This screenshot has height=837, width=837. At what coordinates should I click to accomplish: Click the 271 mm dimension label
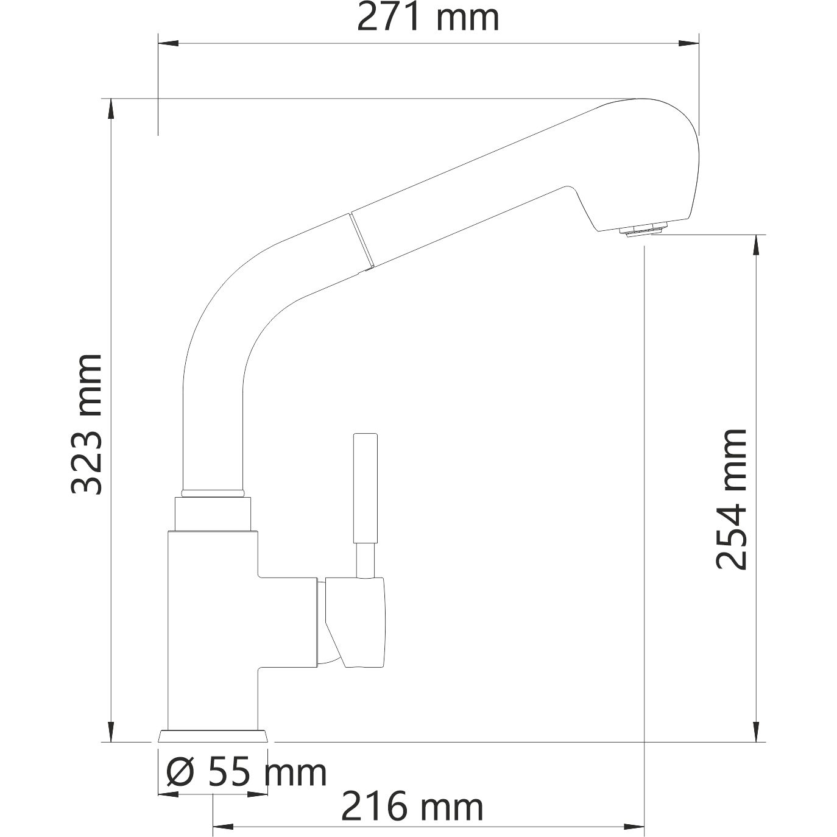428,18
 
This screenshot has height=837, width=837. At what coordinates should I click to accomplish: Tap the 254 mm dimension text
731,499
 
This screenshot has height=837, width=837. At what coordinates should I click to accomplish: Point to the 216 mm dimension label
412,807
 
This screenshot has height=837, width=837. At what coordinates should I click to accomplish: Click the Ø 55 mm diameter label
247,772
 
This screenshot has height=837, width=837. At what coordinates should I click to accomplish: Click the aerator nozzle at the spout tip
643,230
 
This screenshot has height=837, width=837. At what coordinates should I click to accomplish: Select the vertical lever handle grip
365,487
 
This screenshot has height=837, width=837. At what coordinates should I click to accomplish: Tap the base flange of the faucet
213,736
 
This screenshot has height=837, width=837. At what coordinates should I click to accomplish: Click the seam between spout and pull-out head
360,241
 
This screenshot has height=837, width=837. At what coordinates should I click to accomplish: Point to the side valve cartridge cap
356,621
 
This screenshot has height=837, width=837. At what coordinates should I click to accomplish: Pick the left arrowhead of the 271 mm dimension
168,43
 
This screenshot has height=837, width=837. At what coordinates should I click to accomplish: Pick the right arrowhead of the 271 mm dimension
689,43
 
